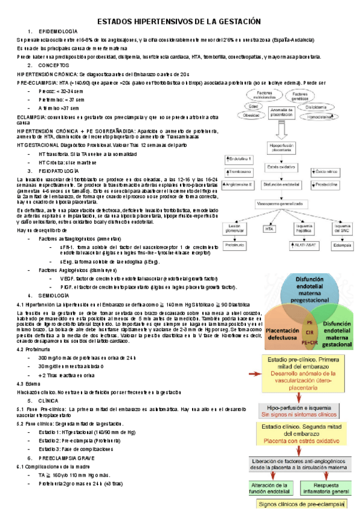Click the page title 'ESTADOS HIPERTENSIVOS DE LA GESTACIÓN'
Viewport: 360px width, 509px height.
[179, 21]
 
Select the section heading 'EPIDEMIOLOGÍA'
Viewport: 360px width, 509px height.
[58, 31]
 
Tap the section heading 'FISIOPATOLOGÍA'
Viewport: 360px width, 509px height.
[58, 171]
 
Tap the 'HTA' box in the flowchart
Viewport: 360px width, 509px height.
[269, 229]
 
